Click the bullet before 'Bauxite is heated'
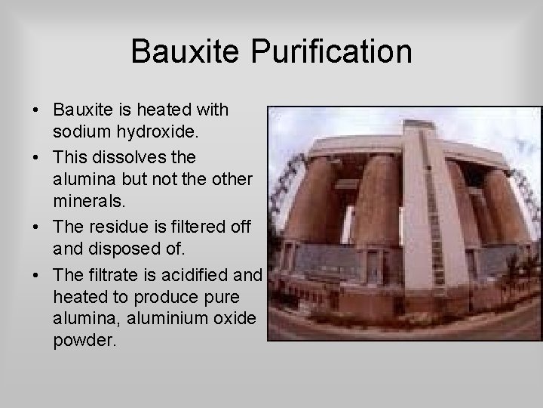point(37,110)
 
